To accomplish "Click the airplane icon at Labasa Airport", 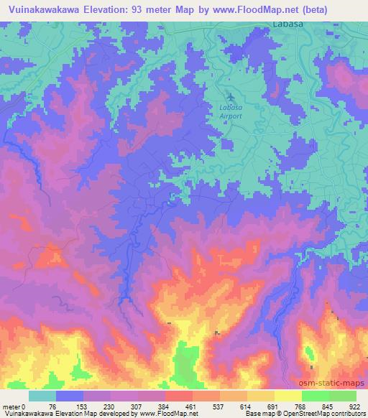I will [x=230, y=96].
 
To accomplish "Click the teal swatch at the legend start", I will [x=42, y=396].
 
